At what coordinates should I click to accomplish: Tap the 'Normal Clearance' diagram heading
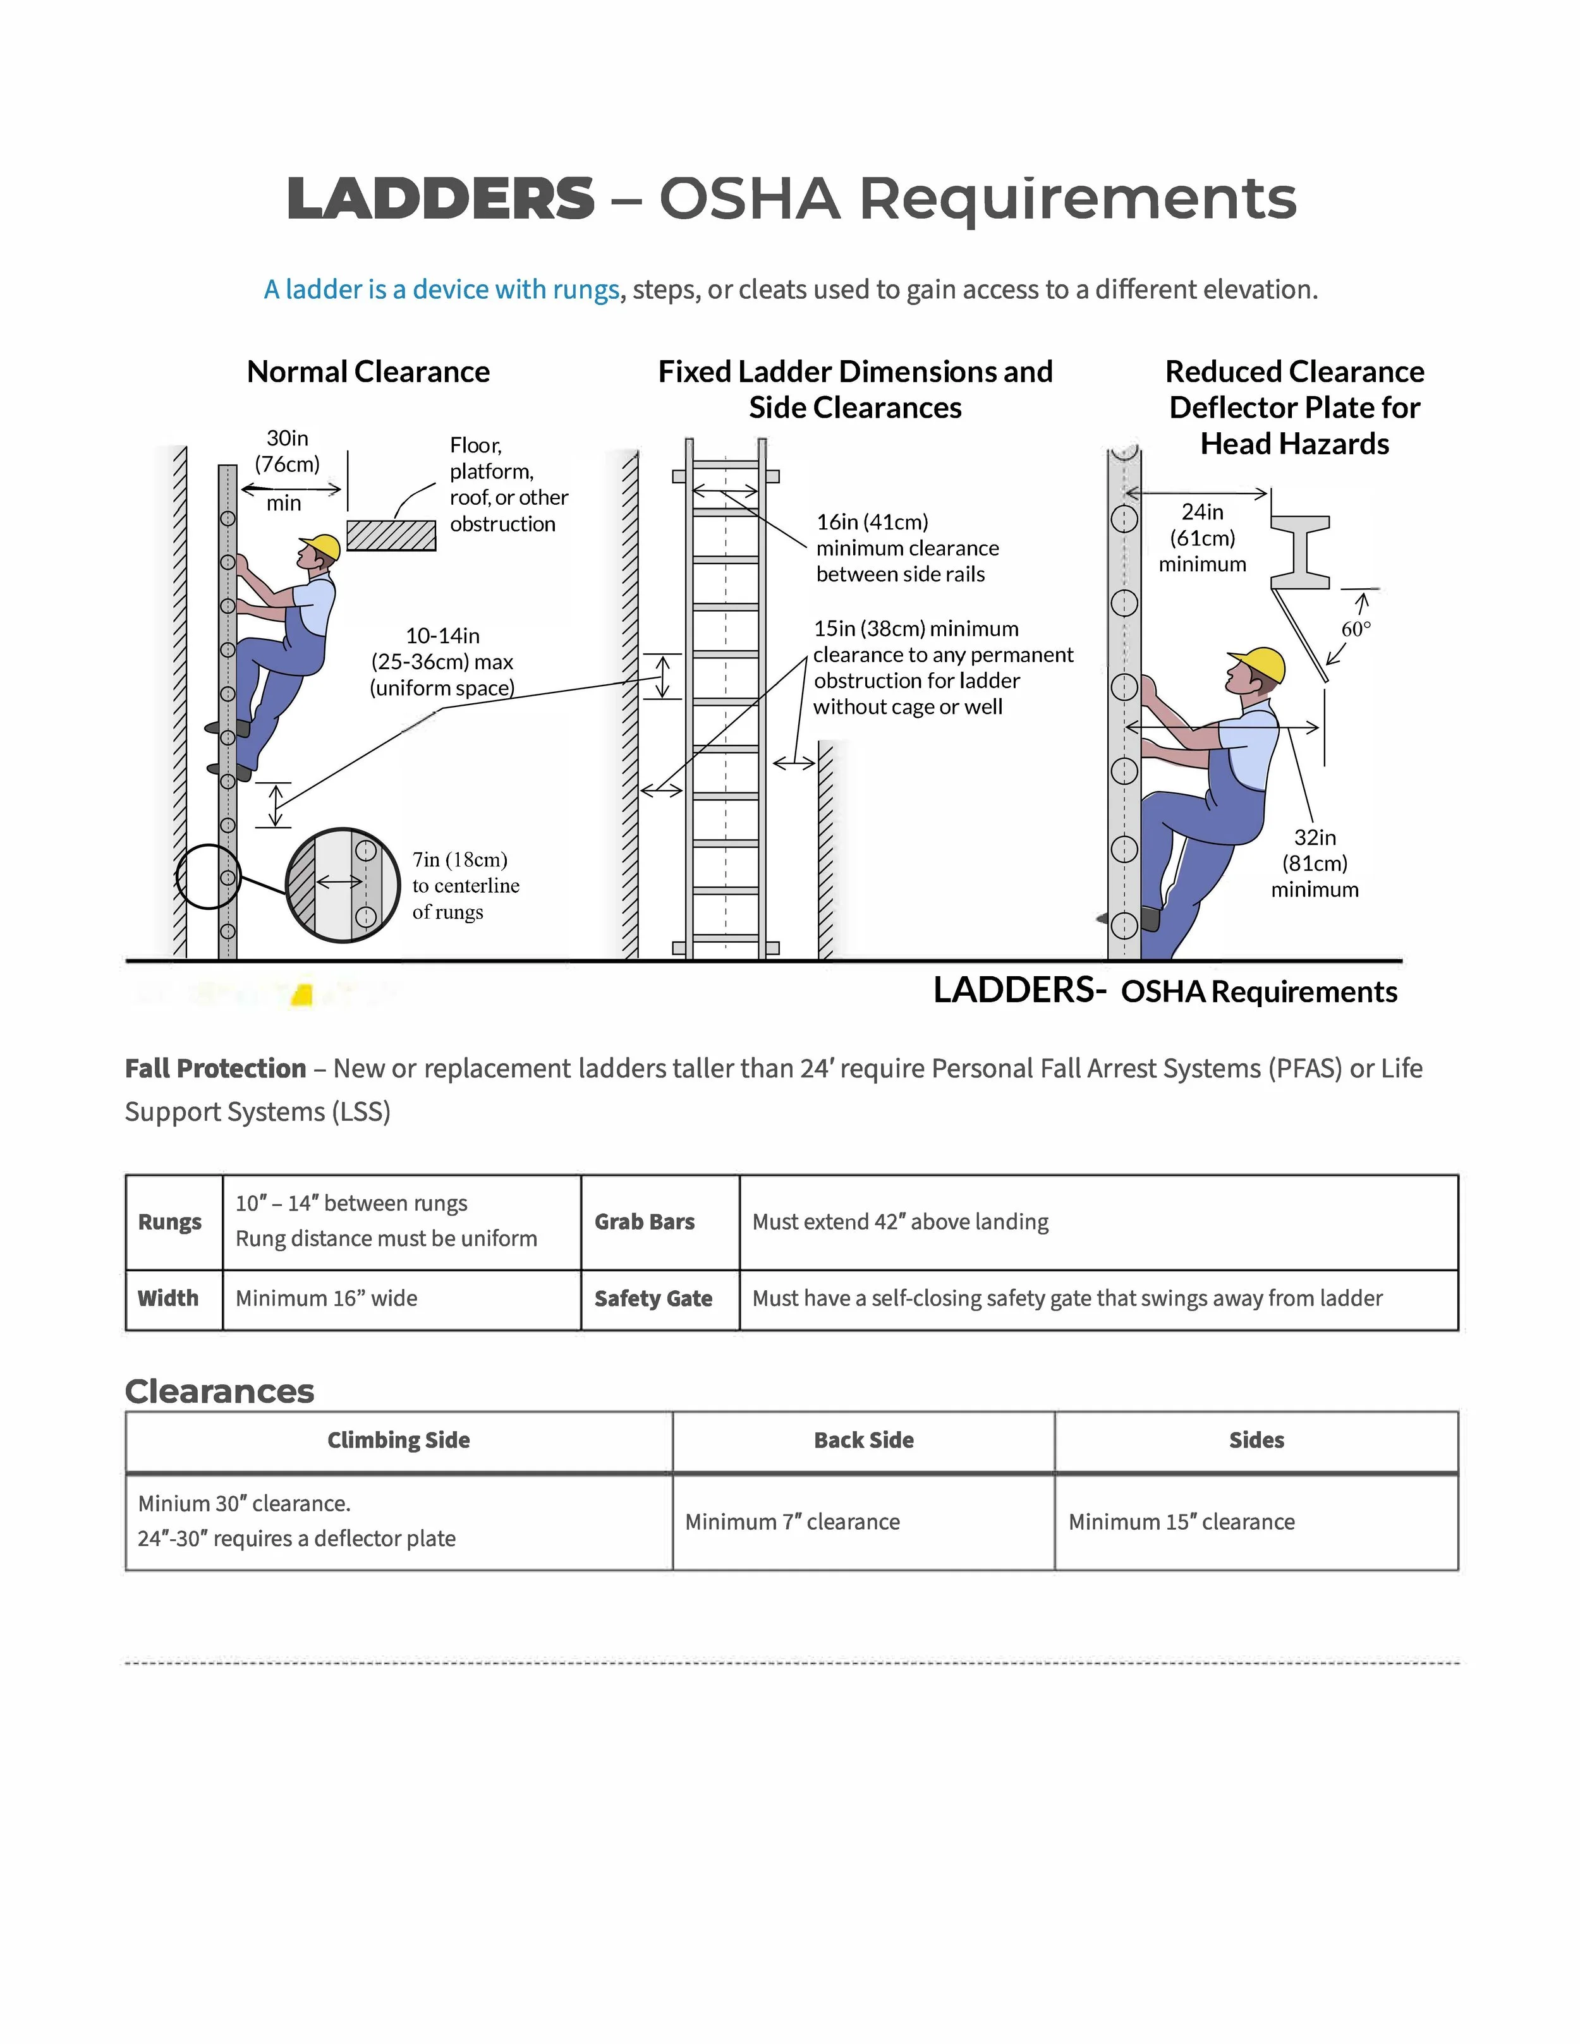point(368,372)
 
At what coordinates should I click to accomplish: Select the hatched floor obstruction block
point(391,535)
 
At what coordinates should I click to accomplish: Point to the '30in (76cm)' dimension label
point(288,451)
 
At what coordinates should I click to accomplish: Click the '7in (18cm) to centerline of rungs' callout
point(465,885)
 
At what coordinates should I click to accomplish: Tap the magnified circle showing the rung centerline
point(342,885)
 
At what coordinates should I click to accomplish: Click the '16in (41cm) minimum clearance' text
point(906,548)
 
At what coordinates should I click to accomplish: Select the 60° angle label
point(1356,629)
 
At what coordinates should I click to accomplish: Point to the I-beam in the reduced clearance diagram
point(1300,552)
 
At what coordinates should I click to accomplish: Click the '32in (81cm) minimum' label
point(1314,863)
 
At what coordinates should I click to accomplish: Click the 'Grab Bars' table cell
point(644,1221)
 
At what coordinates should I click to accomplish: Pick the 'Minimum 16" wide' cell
point(327,1298)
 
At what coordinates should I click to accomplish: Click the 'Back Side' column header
point(863,1441)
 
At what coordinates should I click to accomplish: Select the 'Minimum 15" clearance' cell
point(1181,1521)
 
